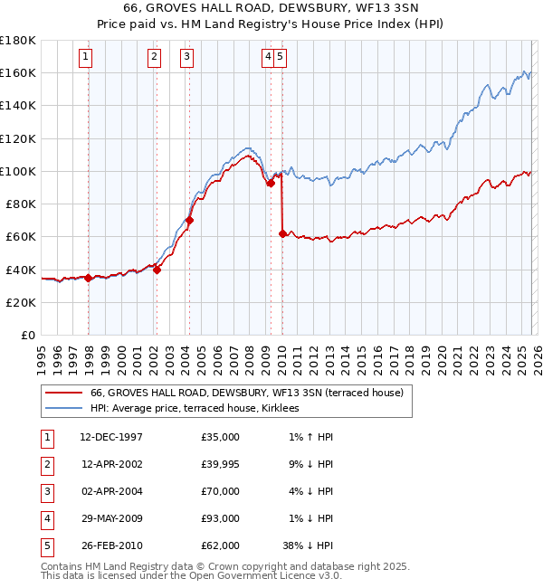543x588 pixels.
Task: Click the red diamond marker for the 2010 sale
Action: point(282,233)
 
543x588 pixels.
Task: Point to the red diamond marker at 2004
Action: point(189,220)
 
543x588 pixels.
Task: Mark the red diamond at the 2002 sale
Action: point(157,269)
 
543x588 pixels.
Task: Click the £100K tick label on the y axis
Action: point(18,171)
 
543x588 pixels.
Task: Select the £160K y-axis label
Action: point(18,72)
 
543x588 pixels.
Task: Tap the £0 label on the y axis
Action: point(27,336)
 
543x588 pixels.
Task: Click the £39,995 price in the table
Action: point(221,464)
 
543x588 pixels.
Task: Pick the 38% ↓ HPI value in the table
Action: point(308,545)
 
